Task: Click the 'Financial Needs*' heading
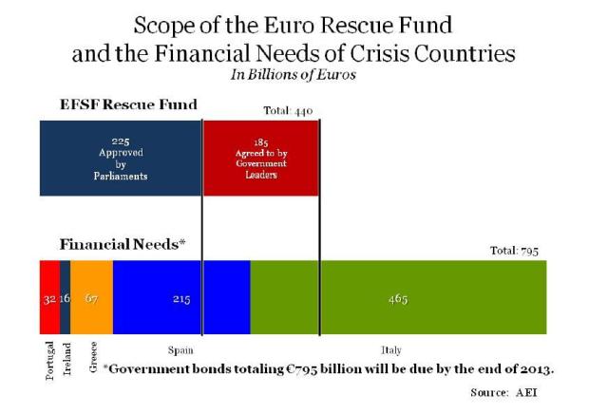pyautogui.click(x=122, y=244)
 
